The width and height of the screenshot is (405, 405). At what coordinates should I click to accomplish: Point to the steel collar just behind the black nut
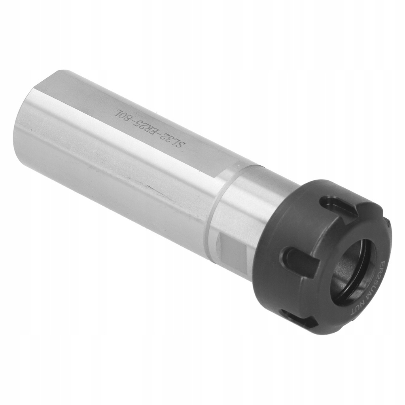pyautogui.click(x=257, y=206)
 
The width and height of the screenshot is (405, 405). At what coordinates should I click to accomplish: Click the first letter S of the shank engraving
pyautogui.click(x=180, y=143)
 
